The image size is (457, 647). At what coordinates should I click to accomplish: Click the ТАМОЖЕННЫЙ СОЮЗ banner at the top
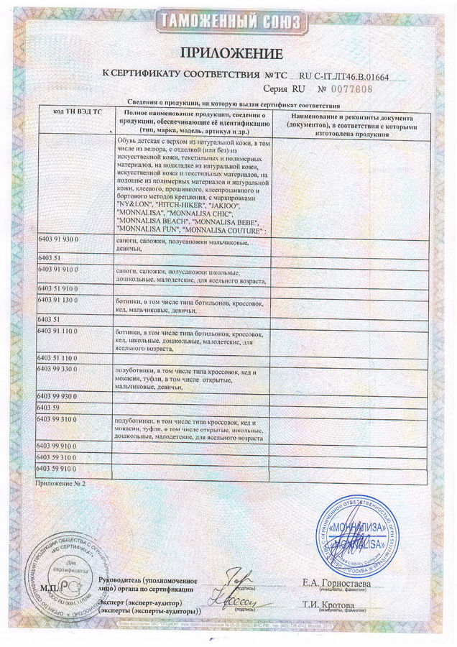pos(228,21)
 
